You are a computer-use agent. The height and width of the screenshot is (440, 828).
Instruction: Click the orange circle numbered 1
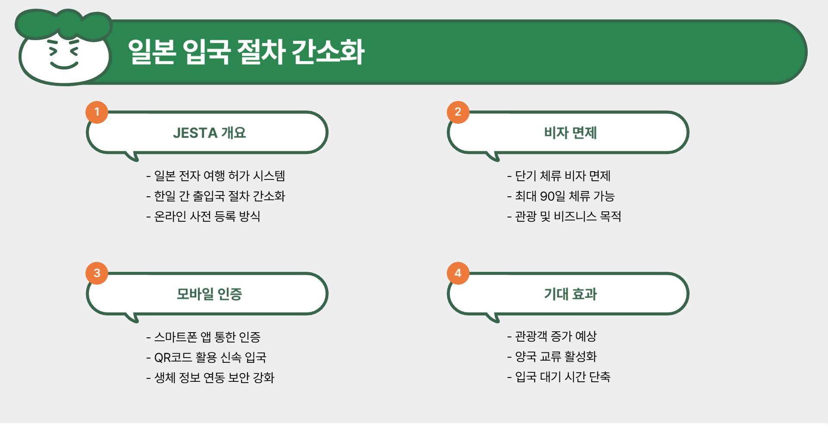[x=97, y=112]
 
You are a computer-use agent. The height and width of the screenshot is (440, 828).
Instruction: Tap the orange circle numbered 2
[x=458, y=112]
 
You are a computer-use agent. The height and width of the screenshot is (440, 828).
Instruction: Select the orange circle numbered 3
[x=97, y=273]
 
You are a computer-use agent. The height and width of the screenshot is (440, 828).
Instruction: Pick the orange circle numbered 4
[x=458, y=273]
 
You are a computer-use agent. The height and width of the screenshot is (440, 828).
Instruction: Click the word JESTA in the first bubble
[x=195, y=133]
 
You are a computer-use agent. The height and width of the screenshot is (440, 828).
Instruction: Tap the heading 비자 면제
[x=570, y=133]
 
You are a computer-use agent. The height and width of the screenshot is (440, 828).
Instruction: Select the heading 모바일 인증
[x=209, y=294]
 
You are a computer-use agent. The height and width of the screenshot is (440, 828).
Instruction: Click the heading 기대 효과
[x=570, y=294]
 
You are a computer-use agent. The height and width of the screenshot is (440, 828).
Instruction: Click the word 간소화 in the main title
[x=328, y=52]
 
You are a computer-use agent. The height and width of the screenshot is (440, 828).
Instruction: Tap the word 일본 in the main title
[x=152, y=52]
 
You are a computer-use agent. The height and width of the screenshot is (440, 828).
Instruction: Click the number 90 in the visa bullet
[x=547, y=196]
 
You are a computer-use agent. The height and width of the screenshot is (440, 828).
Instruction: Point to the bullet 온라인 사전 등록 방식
[x=207, y=216]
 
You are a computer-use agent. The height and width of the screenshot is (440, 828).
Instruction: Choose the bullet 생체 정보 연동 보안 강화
[x=214, y=378]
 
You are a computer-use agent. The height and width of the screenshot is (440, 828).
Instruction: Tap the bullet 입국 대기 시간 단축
[x=562, y=377]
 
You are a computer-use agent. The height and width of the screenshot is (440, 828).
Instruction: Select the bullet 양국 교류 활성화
[x=555, y=357]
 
